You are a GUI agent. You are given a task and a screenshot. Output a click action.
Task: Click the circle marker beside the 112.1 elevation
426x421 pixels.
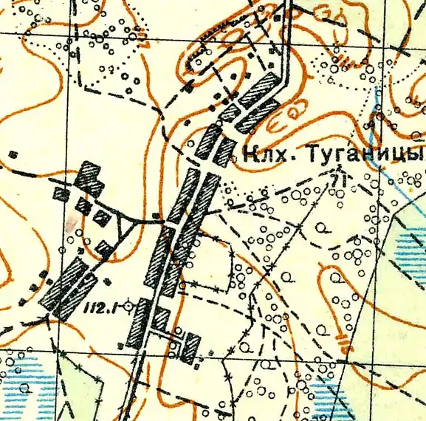131,304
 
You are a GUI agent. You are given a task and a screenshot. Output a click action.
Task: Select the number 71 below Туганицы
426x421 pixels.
339,179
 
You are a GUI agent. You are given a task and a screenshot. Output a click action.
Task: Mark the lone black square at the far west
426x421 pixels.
13,154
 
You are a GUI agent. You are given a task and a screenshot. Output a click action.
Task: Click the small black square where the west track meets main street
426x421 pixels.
156,216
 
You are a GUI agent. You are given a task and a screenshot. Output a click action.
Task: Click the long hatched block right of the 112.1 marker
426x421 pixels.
138,322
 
